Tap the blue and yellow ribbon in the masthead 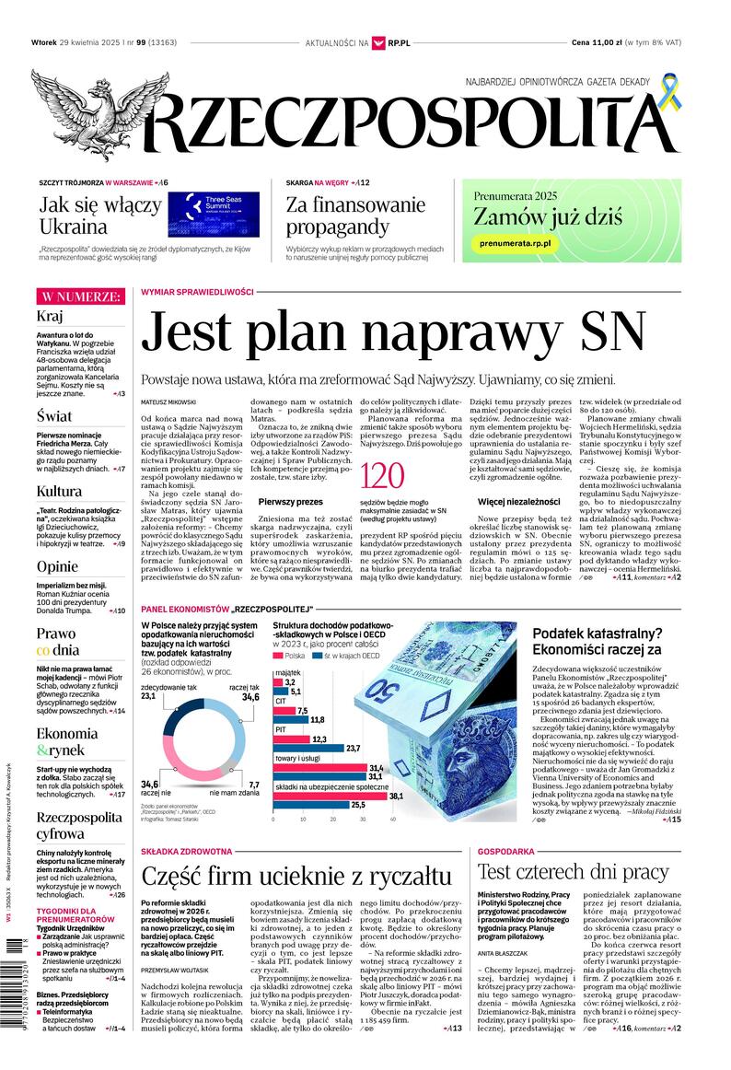point(673,96)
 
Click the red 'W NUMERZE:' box point(80,297)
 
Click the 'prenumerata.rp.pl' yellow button point(515,242)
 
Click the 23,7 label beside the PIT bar point(352,749)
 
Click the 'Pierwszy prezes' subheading point(290,502)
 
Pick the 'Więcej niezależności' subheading point(518,502)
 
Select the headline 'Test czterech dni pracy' point(573,871)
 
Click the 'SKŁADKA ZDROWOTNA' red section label point(186,852)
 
